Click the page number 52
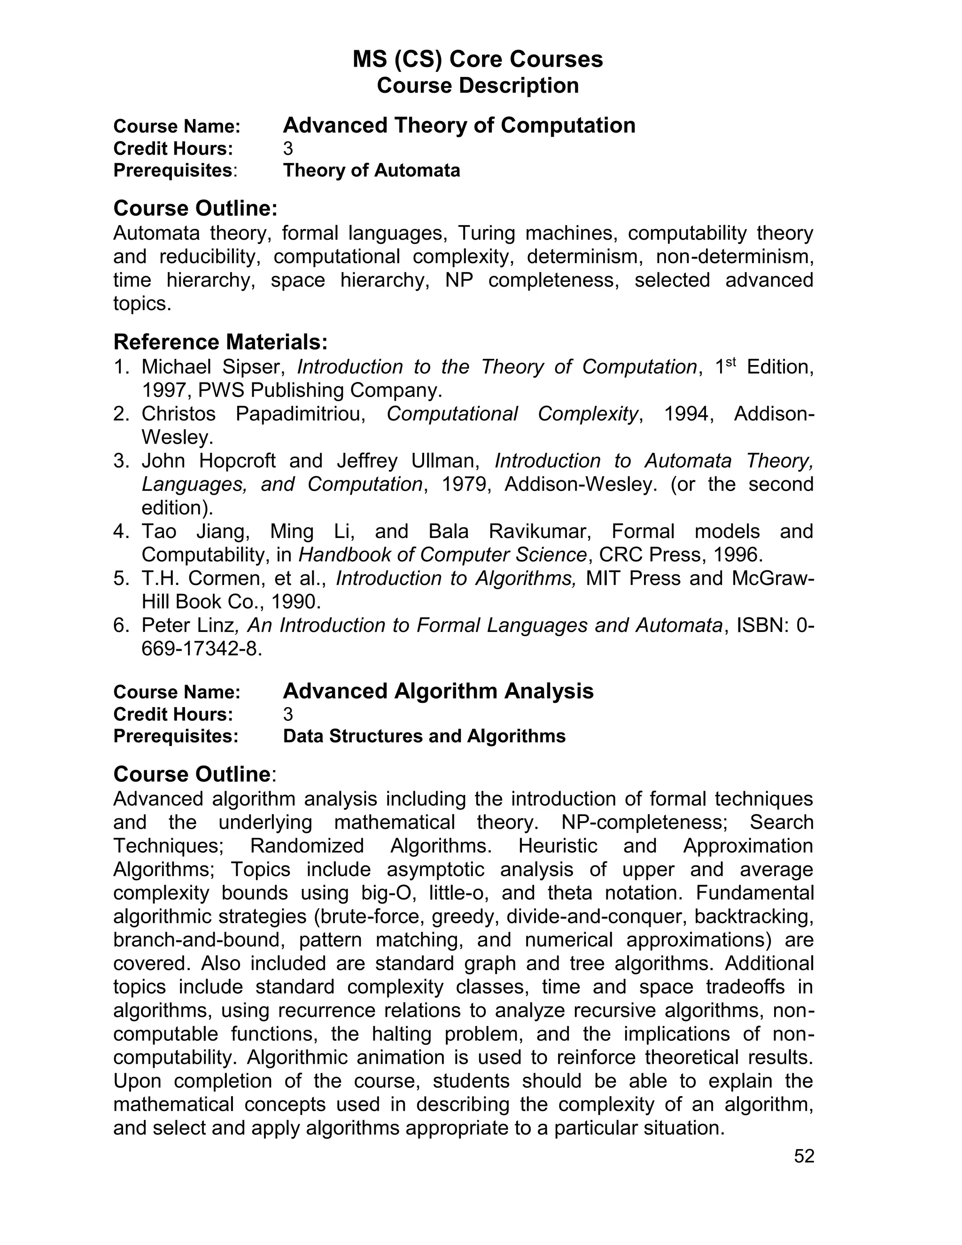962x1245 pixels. click(x=804, y=1156)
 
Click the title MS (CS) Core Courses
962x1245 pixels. click(x=478, y=59)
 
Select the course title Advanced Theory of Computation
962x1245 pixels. click(x=459, y=125)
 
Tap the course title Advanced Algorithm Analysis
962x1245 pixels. click(x=438, y=691)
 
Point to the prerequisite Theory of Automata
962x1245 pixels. click(x=371, y=171)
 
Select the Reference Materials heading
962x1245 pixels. click(x=221, y=342)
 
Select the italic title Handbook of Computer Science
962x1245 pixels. click(x=442, y=555)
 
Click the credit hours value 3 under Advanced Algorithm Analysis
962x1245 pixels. click(x=288, y=714)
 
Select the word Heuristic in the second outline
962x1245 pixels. click(x=558, y=845)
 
